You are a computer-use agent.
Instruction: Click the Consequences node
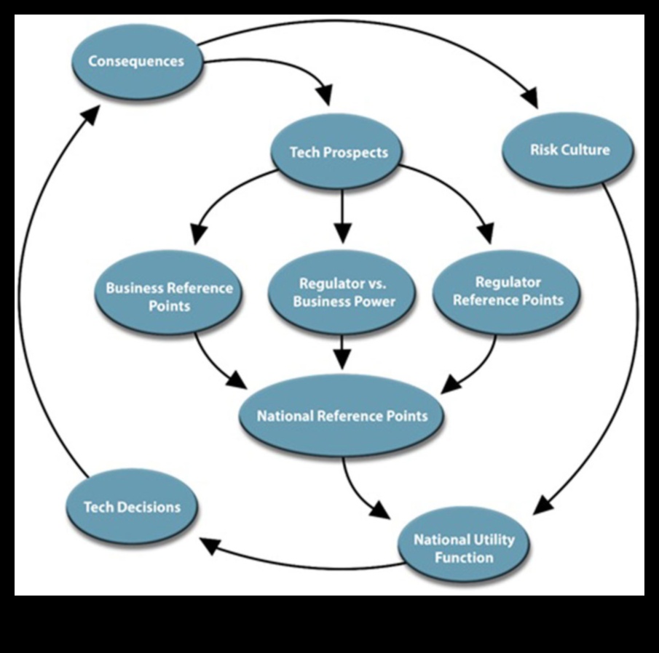(136, 61)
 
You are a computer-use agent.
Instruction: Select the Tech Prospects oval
(339, 152)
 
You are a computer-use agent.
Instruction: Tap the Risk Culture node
(569, 151)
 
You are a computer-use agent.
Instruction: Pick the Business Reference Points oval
(169, 296)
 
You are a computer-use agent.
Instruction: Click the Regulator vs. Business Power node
(342, 292)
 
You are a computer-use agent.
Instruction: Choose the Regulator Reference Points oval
(508, 291)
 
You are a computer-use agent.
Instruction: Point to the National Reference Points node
(342, 417)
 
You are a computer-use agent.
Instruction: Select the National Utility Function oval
(464, 549)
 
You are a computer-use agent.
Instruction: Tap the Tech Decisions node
(132, 507)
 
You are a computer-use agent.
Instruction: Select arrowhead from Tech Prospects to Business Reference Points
(196, 234)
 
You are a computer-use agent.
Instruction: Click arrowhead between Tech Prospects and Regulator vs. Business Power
(342, 234)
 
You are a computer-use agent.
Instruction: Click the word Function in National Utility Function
(464, 558)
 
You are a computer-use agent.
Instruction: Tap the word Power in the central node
(374, 302)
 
